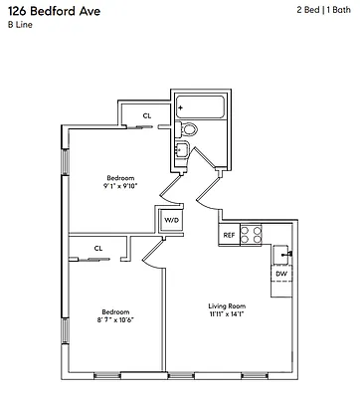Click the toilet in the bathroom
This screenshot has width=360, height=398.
click(x=191, y=129)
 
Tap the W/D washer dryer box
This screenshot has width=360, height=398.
click(x=171, y=220)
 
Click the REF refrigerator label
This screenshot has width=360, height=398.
click(x=229, y=236)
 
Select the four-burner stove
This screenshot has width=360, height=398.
click(x=253, y=235)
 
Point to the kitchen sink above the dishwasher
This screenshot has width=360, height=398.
click(x=282, y=253)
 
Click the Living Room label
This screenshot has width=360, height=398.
click(x=227, y=305)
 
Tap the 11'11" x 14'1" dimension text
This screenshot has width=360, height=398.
click(x=227, y=314)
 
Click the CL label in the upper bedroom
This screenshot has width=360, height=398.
click(x=147, y=115)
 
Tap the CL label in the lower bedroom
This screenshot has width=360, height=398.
click(x=98, y=248)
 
